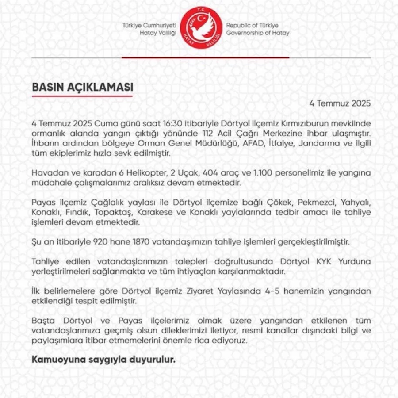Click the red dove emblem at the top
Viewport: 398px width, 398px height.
coord(201,29)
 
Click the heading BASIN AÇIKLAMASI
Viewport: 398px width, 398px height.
coord(82,87)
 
